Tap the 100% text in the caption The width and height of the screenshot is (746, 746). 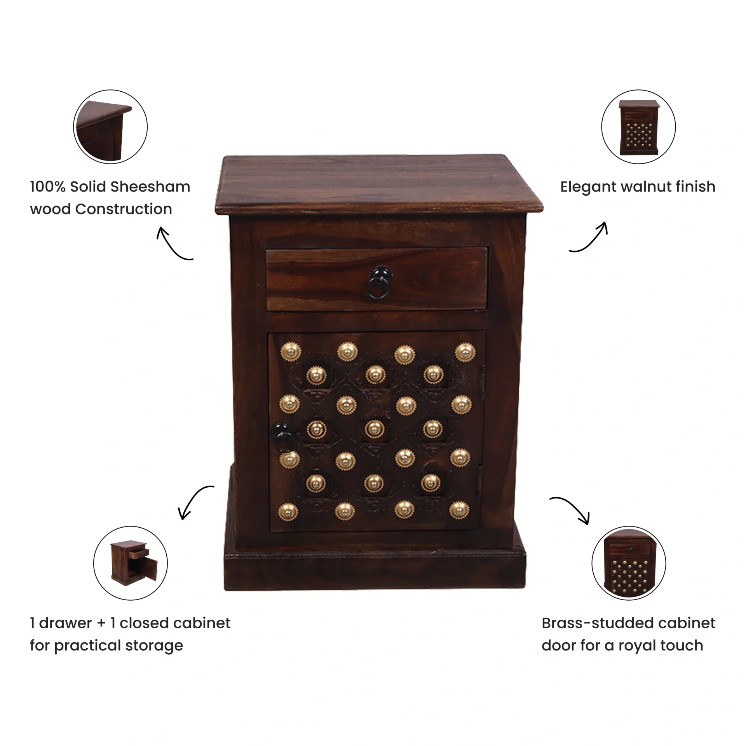click(47, 187)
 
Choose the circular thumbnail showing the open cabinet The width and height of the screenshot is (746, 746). click(131, 563)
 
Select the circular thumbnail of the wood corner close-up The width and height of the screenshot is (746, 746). click(110, 127)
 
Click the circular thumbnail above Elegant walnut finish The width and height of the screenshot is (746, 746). click(638, 127)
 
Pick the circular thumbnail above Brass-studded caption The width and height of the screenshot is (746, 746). click(629, 563)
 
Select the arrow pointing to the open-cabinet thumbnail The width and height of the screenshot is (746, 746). click(193, 498)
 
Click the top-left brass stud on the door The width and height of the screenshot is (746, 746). click(291, 352)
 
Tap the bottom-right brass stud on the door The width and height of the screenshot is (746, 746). click(459, 510)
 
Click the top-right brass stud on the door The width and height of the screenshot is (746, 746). click(465, 352)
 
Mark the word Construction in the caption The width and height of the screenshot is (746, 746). click(124, 209)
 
